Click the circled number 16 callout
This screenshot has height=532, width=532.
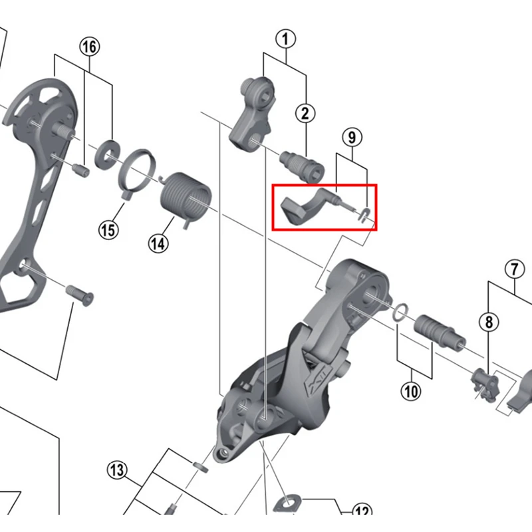coord(90,47)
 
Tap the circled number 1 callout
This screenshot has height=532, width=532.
coord(285,39)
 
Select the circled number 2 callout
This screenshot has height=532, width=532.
coord(305,113)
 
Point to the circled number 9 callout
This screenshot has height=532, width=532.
coord(352,138)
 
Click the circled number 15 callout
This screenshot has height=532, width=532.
coord(108,230)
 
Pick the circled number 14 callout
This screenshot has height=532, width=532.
coord(158,243)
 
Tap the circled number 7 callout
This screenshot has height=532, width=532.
coord(515,269)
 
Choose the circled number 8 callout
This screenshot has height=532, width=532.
coord(489,322)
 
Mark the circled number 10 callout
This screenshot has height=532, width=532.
coord(411,391)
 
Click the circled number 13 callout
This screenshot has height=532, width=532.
coord(117,470)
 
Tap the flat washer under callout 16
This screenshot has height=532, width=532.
coord(106,154)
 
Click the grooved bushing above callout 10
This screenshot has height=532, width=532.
coord(440,332)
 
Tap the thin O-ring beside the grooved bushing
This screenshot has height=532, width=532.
coord(400,312)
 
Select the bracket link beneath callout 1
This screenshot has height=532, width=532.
coord(253,112)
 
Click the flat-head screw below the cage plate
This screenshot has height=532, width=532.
coord(79,295)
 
